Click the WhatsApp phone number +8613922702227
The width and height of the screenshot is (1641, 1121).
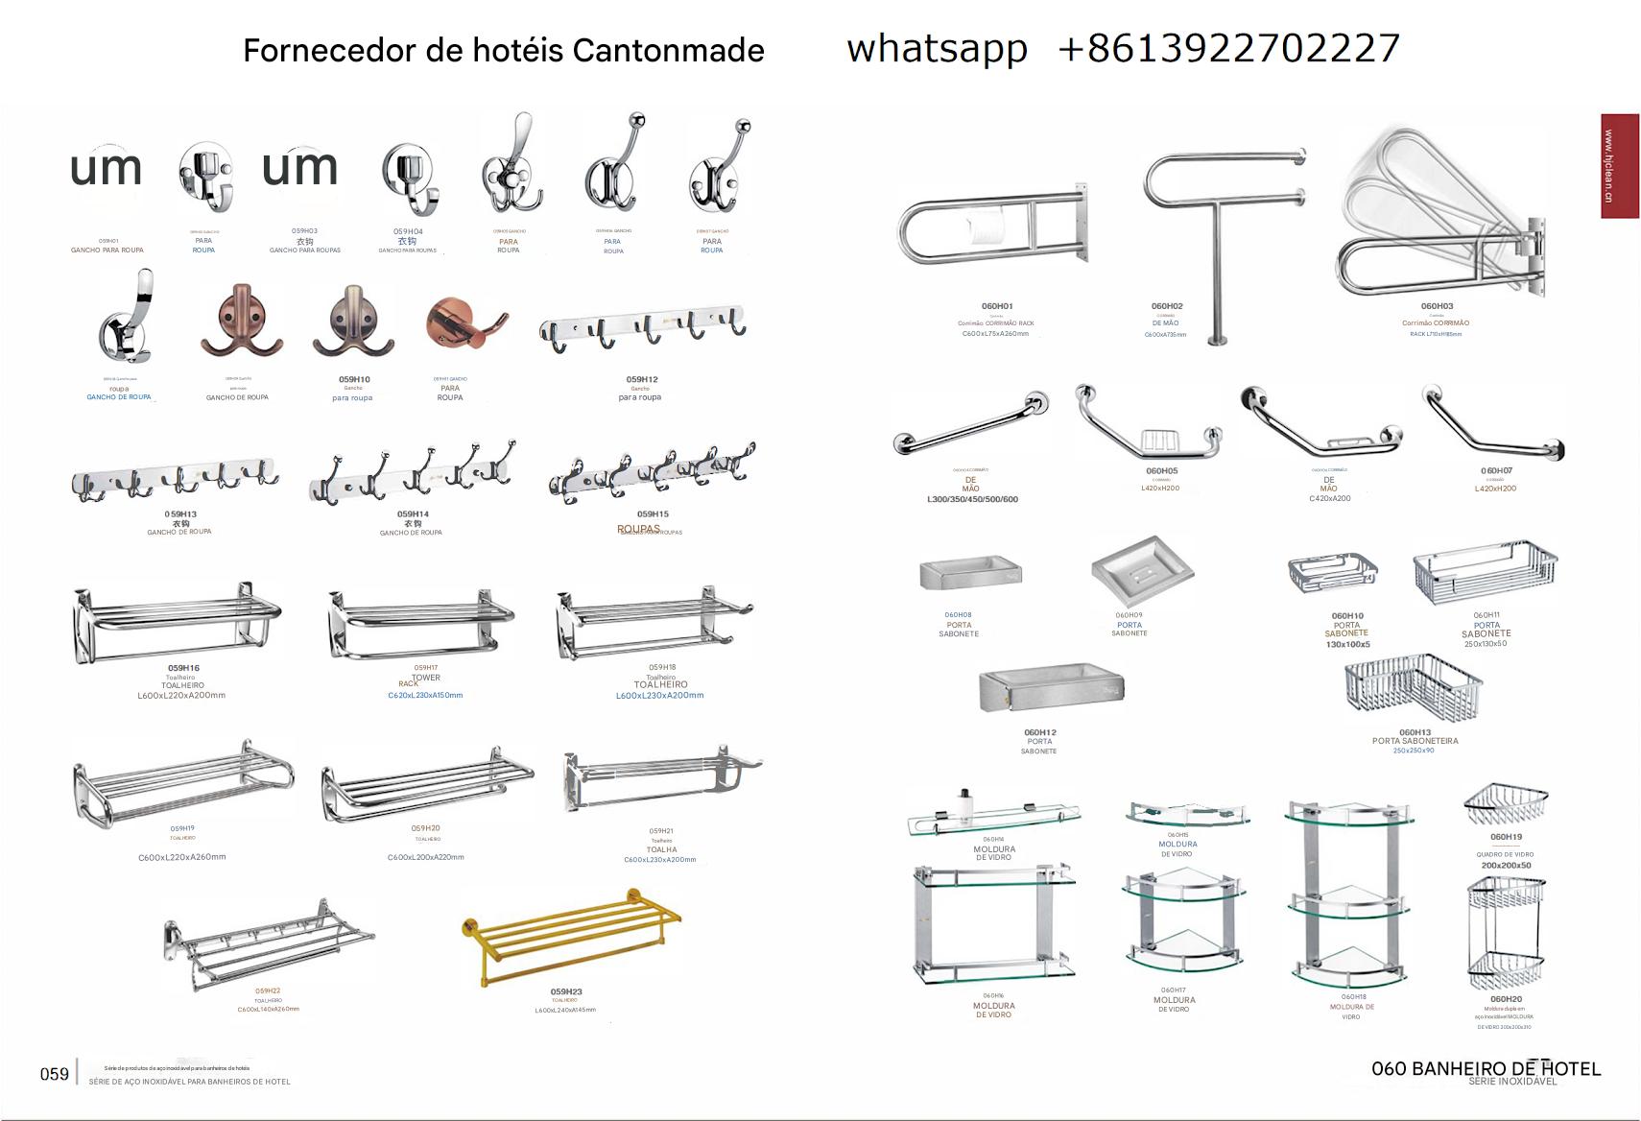coord(1229,48)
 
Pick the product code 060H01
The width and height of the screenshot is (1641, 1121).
coord(997,306)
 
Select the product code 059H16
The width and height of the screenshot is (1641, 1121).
coord(183,668)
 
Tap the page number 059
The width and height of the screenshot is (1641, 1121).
coord(54,1074)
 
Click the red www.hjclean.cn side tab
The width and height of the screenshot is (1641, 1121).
coord(1619,166)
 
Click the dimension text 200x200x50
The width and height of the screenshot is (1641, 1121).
coord(1506,865)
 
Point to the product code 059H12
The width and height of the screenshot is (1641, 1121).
coord(641,380)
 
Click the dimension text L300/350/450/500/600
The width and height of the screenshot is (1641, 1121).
coord(972,499)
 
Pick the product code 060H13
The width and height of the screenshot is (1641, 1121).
coord(1415,732)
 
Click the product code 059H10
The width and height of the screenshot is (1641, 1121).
coord(354,380)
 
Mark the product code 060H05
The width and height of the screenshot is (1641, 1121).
coord(1161,471)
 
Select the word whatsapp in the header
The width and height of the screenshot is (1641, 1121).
coord(937,48)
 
